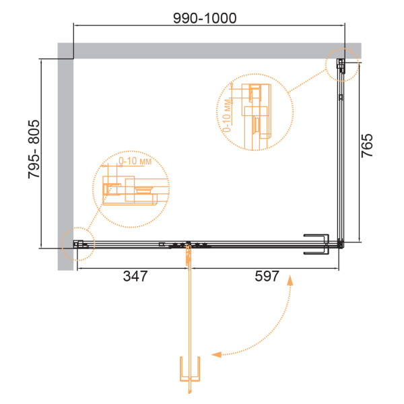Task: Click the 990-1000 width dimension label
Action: coord(205,18)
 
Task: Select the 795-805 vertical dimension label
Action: coord(34,149)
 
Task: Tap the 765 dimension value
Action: coord(367,145)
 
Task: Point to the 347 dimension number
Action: coord(135,276)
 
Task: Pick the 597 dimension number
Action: coord(267,276)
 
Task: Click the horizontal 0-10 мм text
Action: coord(135,162)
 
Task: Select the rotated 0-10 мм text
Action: coord(227,115)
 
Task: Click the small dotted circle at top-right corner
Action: coord(342,48)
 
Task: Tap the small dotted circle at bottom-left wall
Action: coord(78,228)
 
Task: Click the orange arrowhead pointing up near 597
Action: coord(290,280)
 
